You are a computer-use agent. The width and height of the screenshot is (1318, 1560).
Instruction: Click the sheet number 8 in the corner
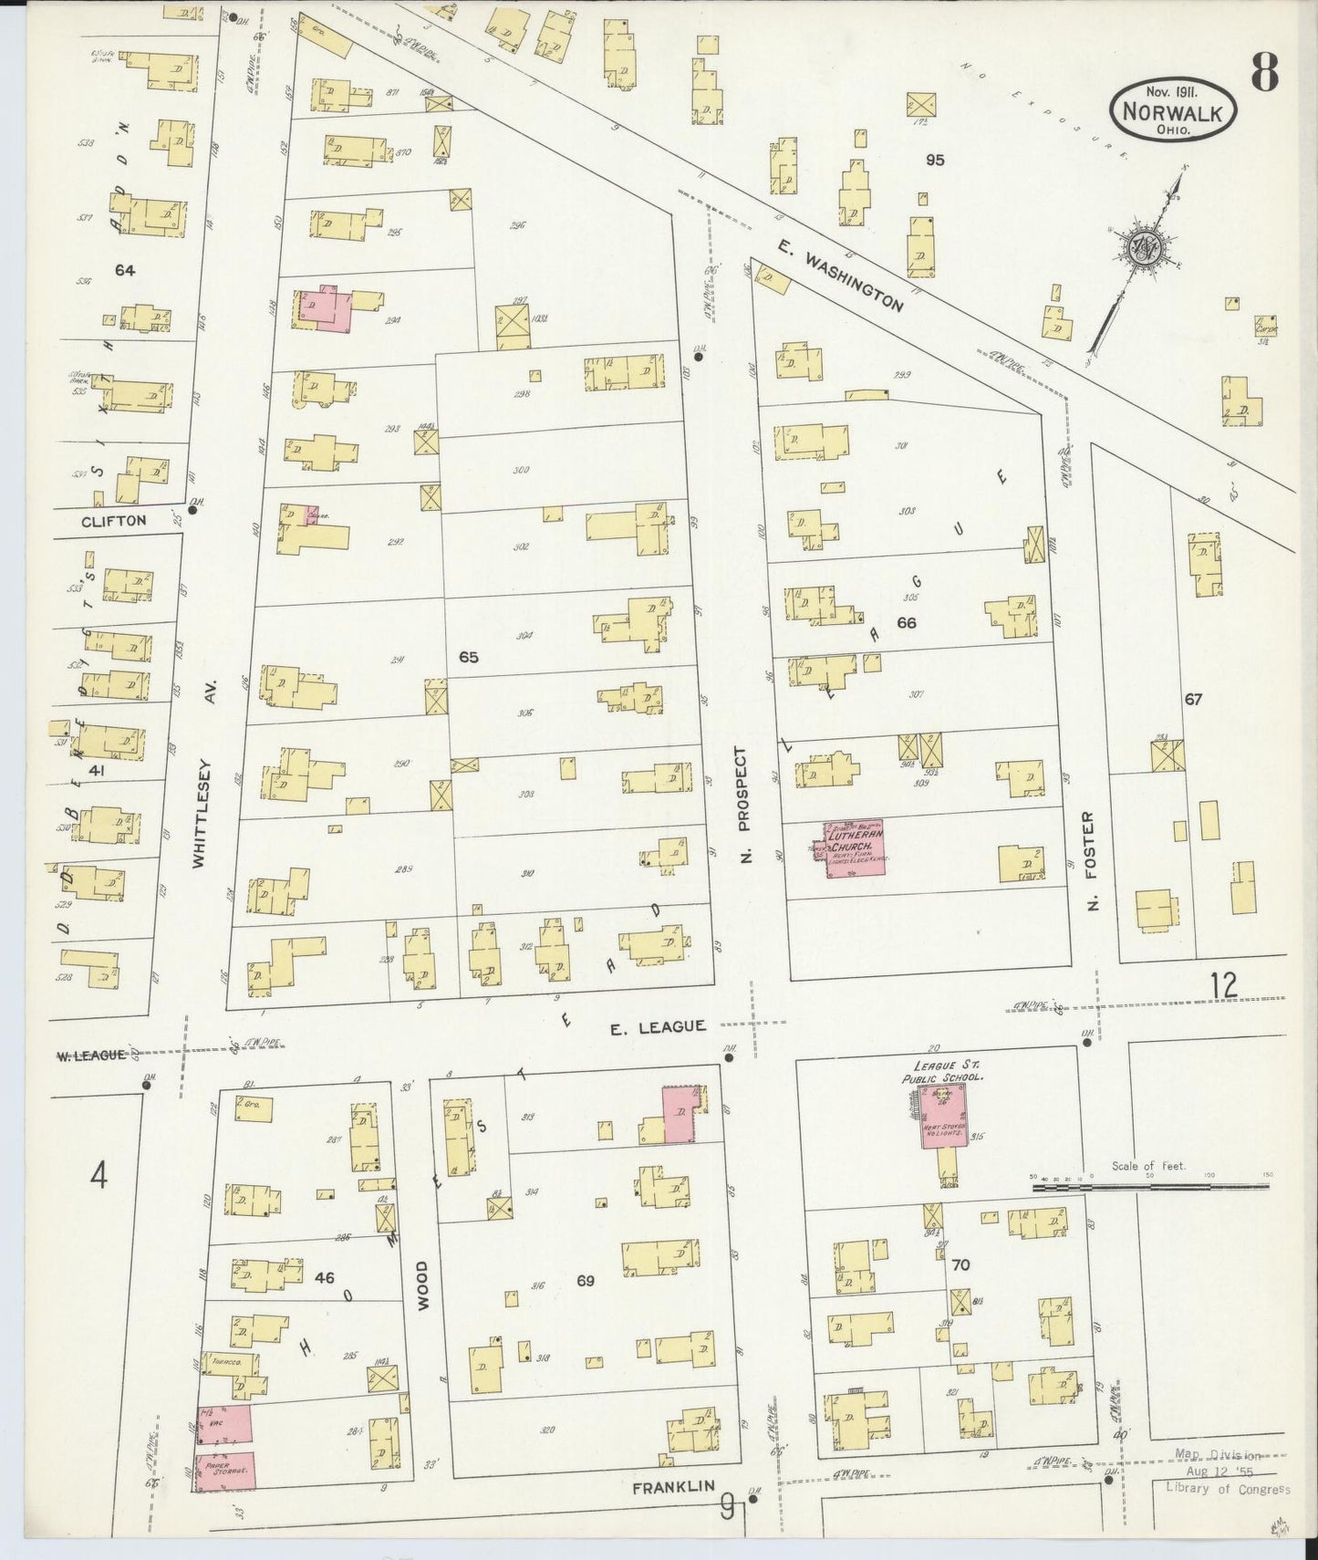pos(1263,71)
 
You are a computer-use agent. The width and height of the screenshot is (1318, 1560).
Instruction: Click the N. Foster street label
pos(1093,860)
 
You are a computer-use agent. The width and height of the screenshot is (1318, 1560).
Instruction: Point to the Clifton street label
pos(113,521)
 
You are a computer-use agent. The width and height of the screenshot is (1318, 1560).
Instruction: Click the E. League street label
pos(658,1026)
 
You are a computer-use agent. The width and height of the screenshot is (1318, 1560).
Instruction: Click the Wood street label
pos(421,1286)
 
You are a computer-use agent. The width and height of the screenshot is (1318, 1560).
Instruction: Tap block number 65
pos(469,657)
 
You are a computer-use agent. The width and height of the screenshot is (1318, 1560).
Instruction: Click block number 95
pos(934,160)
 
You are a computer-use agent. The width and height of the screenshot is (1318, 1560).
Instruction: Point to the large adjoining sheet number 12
pos(1224,985)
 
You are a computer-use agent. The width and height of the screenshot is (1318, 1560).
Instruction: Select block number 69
pos(586,1281)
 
